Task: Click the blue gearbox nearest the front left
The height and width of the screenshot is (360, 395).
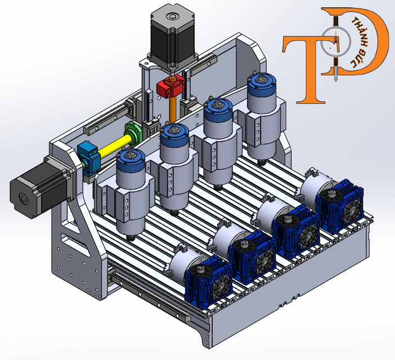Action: [x=207, y=280]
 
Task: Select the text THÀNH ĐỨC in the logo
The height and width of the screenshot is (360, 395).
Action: [x=356, y=42]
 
